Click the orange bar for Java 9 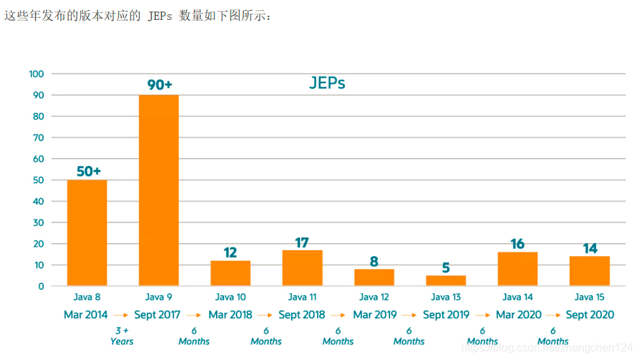pos(159,190)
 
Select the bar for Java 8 pos(87,232)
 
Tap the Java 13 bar pos(446,280)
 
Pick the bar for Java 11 pos(302,268)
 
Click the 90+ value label pos(159,85)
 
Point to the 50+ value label pos(88,171)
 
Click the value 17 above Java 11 pos(302,243)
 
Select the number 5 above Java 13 pos(446,268)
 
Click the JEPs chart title pos(327,83)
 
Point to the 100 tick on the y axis pos(36,74)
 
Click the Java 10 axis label pos(230,297)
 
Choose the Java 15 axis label pos(589,297)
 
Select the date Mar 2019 pos(374,315)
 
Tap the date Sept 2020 pos(590,315)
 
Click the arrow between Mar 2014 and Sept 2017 pos(121,316)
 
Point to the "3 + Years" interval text pos(122,336)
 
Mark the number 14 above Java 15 pos(590,249)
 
